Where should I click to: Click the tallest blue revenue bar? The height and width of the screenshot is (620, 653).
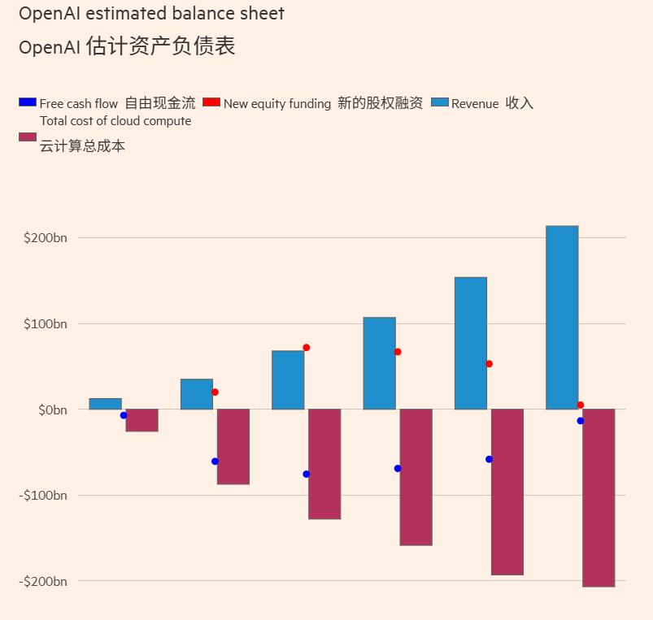tap(562, 317)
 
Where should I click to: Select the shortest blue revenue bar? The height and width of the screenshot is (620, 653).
tap(105, 404)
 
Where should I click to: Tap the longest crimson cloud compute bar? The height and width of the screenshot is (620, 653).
tap(599, 497)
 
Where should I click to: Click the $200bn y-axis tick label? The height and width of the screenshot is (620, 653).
tap(46, 238)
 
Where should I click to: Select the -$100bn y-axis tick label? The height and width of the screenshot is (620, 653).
tap(43, 496)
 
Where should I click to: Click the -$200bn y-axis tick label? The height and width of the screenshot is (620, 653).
tap(43, 582)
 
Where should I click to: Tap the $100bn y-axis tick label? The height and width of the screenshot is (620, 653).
tap(46, 324)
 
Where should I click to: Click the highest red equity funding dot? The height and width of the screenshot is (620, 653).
tap(307, 348)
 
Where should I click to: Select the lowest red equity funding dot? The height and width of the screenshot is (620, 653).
tap(580, 405)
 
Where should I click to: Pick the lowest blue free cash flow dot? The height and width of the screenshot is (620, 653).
tap(307, 474)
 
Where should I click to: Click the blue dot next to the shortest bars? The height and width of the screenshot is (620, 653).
tap(124, 415)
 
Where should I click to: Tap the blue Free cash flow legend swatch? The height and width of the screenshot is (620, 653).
tap(28, 102)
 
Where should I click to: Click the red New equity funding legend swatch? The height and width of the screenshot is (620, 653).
tap(211, 102)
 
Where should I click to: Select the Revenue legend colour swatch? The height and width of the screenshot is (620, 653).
tap(439, 102)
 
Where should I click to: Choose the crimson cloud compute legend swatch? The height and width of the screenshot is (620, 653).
tap(28, 137)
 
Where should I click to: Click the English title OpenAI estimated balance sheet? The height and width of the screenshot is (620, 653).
tap(151, 14)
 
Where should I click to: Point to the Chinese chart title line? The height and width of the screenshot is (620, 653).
tap(127, 46)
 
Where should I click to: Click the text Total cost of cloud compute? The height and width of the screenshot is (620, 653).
tap(115, 121)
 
